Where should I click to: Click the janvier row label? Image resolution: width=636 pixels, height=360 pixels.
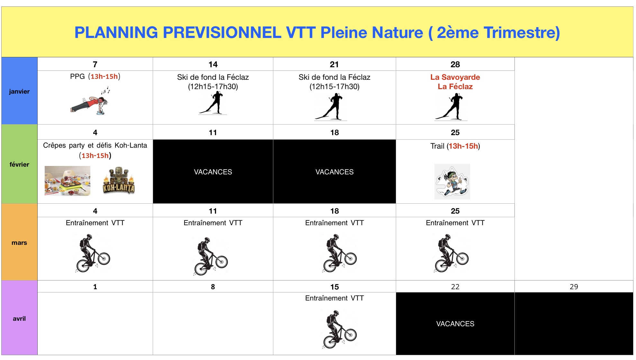click(x=19, y=92)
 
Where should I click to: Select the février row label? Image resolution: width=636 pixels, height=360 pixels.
click(x=19, y=165)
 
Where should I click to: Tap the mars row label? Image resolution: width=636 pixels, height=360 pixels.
click(x=19, y=243)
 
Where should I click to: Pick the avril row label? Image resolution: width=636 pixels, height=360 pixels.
click(x=19, y=319)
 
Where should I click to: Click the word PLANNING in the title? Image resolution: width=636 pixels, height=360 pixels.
click(x=116, y=32)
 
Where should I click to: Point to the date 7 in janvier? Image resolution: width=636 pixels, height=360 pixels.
click(x=95, y=64)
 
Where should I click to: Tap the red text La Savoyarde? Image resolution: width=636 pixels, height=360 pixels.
click(x=455, y=77)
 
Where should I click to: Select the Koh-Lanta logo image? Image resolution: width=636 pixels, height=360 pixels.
click(x=119, y=180)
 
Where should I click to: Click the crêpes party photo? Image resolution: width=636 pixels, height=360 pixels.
click(x=68, y=181)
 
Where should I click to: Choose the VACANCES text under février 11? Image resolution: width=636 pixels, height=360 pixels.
click(x=213, y=172)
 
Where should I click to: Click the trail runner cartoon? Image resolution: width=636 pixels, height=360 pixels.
click(x=452, y=181)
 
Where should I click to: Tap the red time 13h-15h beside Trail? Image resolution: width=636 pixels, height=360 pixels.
click(x=463, y=146)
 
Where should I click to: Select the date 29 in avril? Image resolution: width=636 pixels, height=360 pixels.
click(x=574, y=287)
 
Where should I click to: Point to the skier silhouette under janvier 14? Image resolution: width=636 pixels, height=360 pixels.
click(x=213, y=103)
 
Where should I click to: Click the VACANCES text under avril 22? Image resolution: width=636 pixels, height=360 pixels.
click(x=455, y=324)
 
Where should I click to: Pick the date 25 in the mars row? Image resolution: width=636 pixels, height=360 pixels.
click(x=455, y=211)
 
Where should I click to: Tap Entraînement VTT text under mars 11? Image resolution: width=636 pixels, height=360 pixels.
click(x=213, y=223)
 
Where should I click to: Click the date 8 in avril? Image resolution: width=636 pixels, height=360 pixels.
click(x=213, y=287)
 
